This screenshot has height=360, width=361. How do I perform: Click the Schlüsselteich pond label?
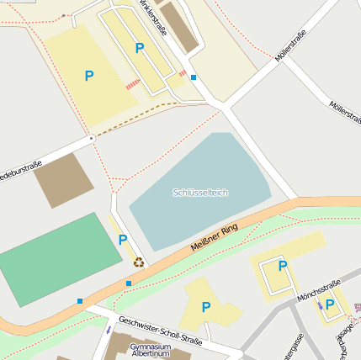[x=200, y=193]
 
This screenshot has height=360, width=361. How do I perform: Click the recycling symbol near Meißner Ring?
[x=139, y=262]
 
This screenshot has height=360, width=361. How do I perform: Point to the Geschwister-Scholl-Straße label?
[x=160, y=331]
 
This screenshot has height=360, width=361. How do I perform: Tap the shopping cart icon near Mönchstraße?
[x=357, y=309]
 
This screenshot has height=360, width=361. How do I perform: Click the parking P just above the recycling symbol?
[x=123, y=241]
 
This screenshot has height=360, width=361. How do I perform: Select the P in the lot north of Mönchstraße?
[x=283, y=267]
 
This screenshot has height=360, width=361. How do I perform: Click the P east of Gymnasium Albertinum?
[x=205, y=308]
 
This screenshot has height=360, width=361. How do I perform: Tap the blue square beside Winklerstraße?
[x=194, y=77]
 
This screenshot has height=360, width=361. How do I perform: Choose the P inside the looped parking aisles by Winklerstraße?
[x=140, y=49]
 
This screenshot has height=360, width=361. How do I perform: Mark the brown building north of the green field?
[x=64, y=180]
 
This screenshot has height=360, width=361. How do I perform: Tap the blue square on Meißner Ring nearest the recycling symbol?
[x=128, y=283]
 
